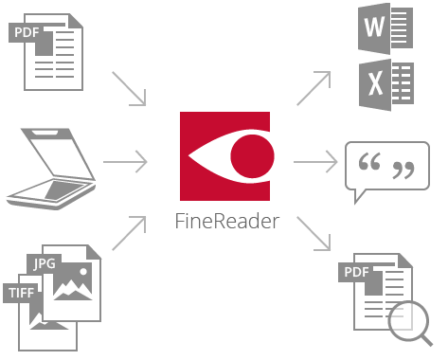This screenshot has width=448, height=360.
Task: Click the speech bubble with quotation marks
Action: point(386,170)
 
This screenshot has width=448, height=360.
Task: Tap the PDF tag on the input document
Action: point(27,35)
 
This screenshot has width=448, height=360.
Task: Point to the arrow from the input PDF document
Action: point(130,87)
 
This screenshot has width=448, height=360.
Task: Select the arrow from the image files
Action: point(130,234)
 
